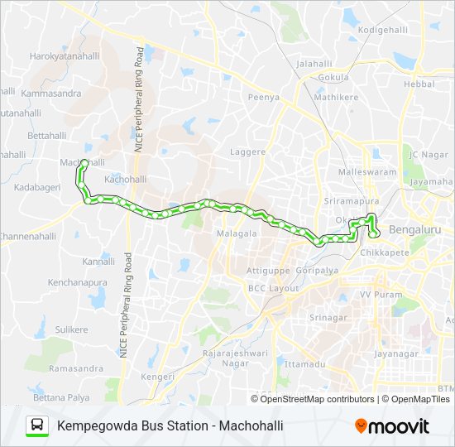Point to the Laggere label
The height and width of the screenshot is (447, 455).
click(x=247, y=152)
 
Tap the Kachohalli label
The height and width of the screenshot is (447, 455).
click(x=127, y=179)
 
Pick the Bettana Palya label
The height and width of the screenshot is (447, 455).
click(x=62, y=398)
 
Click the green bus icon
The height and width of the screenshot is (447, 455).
click(x=36, y=426)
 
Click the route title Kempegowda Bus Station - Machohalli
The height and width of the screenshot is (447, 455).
click(x=170, y=426)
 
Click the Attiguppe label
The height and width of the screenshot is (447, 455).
click(x=267, y=271)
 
